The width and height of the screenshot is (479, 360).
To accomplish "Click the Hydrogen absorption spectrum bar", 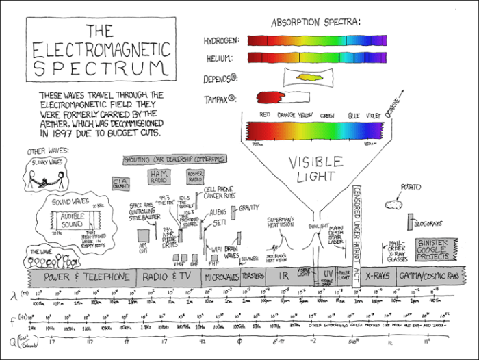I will (316, 40).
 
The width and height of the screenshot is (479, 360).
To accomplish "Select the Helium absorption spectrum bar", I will (316, 57).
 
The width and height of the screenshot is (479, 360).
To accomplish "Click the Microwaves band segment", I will (221, 277).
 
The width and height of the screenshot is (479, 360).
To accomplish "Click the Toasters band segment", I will (253, 277).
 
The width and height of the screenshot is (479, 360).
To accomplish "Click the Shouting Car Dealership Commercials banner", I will (174, 159).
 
